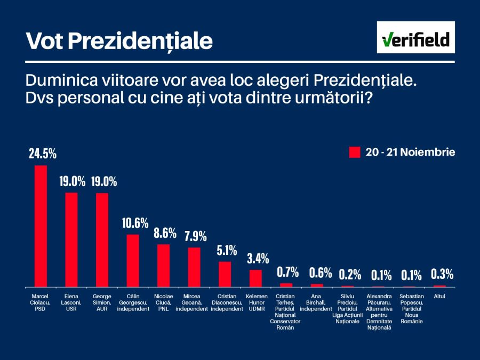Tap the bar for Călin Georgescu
133,260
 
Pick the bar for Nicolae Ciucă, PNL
163,265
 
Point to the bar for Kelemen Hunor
256,278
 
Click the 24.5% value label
42,154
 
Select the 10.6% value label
134,223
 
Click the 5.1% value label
226,250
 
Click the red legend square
355,153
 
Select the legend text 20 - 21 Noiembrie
410,153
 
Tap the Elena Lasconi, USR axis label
71,302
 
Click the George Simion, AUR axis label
102,302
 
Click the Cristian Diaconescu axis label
227,302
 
